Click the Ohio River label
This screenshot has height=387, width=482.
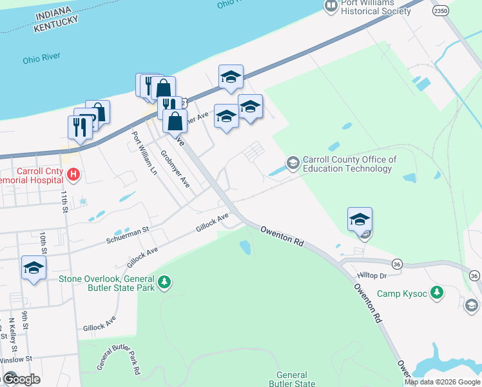coord(41,57)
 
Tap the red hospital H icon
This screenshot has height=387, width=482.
coord(74,174)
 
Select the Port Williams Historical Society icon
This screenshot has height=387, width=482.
coord(331,6)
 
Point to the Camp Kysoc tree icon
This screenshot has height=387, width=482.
coord(438,293)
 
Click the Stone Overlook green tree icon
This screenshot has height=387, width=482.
coord(166,282)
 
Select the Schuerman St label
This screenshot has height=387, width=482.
coord(128,230)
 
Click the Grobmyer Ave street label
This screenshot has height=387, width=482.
coord(174,169)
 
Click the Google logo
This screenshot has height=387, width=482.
coord(21,379)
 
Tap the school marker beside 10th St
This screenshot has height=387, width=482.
coord(33,268)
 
